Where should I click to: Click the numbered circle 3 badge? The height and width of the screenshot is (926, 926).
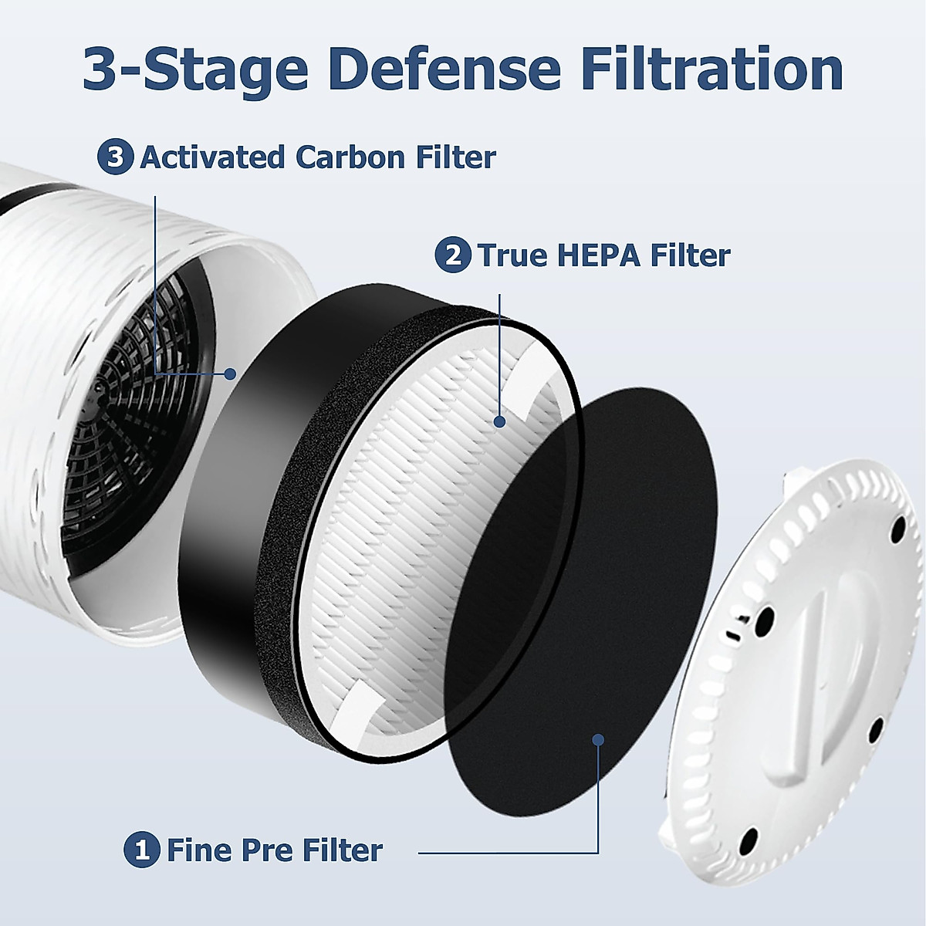(x=115, y=157)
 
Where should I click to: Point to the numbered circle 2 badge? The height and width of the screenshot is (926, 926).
(x=453, y=255)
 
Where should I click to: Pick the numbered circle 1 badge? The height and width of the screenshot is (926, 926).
(x=141, y=850)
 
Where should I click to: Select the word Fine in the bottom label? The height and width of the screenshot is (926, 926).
(x=200, y=850)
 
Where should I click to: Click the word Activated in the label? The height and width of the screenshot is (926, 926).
(x=211, y=157)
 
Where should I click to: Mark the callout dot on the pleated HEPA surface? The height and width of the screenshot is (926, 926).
(x=499, y=421)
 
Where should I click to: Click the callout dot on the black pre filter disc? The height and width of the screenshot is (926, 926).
(x=597, y=740)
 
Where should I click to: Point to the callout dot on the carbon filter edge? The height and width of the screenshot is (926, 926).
(x=229, y=374)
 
